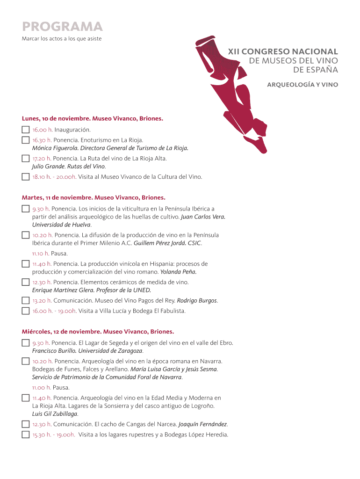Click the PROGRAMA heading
coord(62,26)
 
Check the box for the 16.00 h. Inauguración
coord(25,130)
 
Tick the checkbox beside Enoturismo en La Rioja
coord(25,140)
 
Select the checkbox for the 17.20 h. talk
coord(25,159)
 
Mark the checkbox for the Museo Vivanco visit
coord(25,177)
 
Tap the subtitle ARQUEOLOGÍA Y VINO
coord(302,85)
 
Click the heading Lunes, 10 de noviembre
coord(56,119)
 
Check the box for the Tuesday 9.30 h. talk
coord(25,209)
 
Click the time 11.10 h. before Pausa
coord(41,254)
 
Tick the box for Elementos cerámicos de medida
coord(25,282)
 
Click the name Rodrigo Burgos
coord(197,300)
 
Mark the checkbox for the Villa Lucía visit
coord(25,311)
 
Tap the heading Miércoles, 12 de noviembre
coord(61,332)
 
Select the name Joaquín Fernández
coord(202,424)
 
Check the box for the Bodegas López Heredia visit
coord(25,435)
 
